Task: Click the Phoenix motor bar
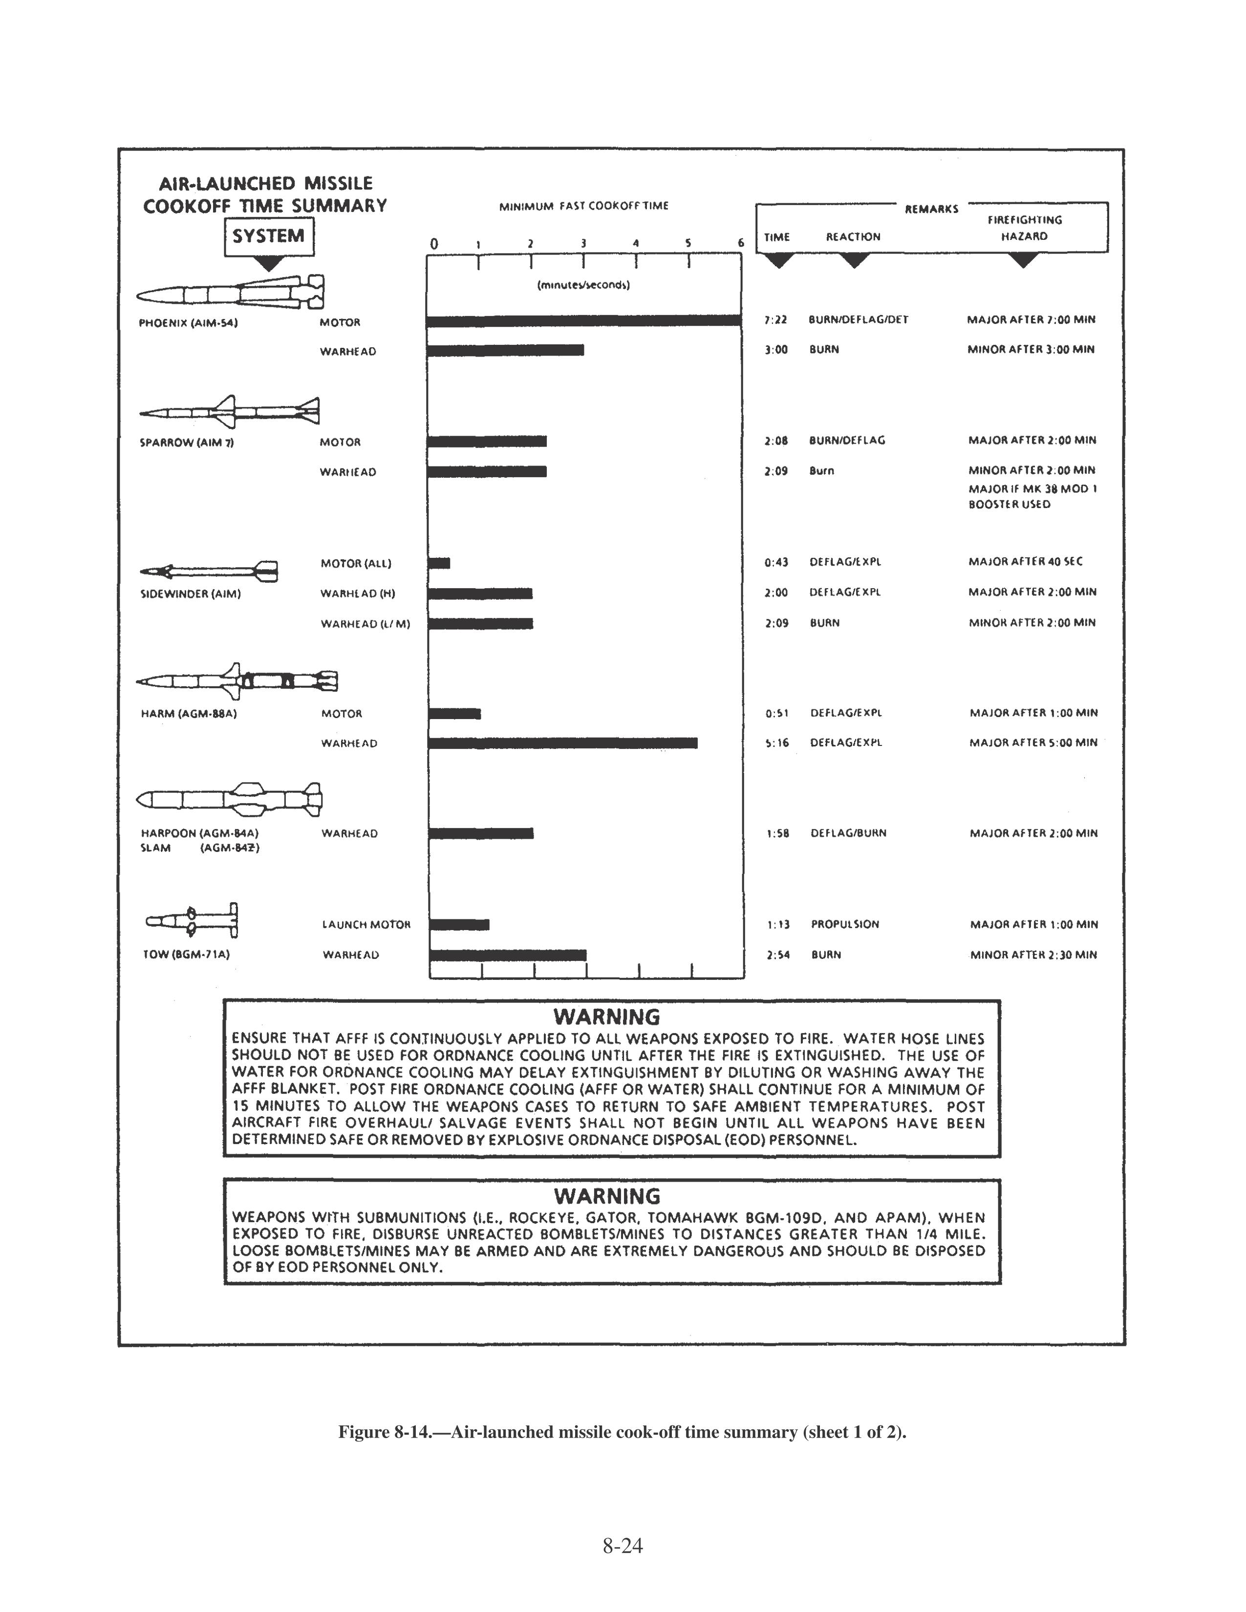[x=583, y=320]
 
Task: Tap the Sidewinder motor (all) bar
[x=439, y=563]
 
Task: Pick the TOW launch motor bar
[x=459, y=924]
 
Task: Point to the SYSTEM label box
[x=269, y=236]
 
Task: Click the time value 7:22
[x=776, y=319]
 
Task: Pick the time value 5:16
[x=777, y=742]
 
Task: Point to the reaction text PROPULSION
[x=845, y=924]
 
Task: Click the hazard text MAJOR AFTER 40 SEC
[x=1025, y=562]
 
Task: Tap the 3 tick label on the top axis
[x=583, y=243]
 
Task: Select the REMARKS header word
[x=931, y=209]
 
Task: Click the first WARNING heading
[x=607, y=1017]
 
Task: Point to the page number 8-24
[x=622, y=1546]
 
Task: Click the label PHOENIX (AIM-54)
[x=188, y=322]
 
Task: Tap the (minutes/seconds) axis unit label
[x=583, y=285]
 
